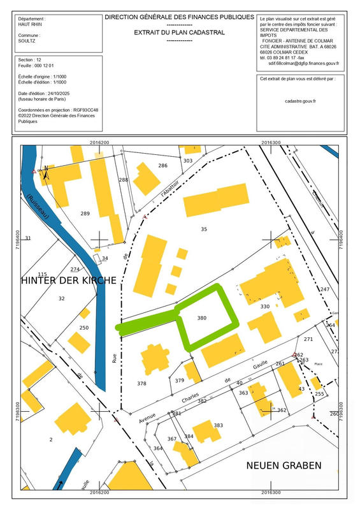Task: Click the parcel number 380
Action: point(202,317)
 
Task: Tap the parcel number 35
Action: point(204,228)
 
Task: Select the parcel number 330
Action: point(265,307)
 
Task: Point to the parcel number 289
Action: point(85,213)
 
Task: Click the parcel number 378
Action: point(141,384)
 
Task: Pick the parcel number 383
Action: point(219,425)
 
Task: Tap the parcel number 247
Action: point(325,289)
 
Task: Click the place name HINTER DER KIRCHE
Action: point(69,280)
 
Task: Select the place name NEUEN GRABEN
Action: point(284,465)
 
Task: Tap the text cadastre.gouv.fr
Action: point(301,101)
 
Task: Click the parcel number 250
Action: point(84,328)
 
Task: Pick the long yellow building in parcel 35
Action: point(215,200)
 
